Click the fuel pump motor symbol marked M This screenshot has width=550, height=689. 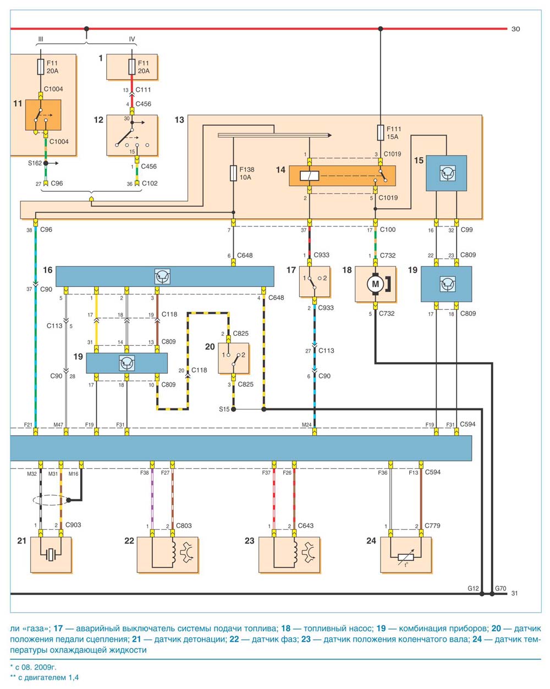(x=375, y=284)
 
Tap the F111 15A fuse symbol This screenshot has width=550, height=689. (x=380, y=133)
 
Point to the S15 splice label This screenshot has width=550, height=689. (x=224, y=409)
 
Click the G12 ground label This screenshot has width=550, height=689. (x=473, y=588)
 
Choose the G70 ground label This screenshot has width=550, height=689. (x=501, y=588)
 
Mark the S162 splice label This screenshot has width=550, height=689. (x=35, y=163)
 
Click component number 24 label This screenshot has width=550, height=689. (x=371, y=541)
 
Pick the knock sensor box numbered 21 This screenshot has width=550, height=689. (x=51, y=555)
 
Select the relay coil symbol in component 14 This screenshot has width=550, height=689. (x=309, y=176)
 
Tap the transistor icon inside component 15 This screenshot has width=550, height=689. (x=446, y=173)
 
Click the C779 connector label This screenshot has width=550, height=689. (x=432, y=525)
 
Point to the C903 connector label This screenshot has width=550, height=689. (x=73, y=525)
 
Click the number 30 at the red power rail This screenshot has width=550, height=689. (x=515, y=29)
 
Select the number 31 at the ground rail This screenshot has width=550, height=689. (x=514, y=593)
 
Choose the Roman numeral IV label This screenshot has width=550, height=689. (x=132, y=39)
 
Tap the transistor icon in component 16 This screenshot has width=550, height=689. (x=162, y=276)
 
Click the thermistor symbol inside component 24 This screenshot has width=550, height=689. (x=405, y=557)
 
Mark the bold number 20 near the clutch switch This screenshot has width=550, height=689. (x=210, y=346)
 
